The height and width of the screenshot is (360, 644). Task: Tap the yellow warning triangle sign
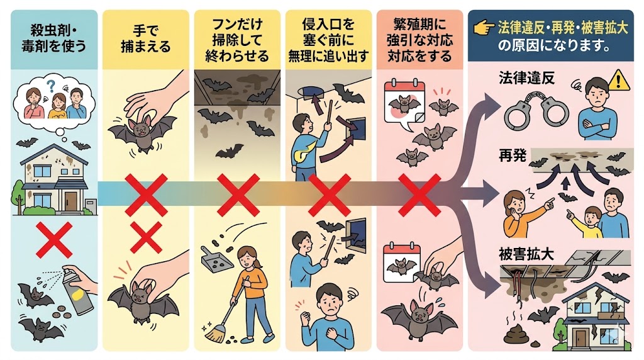[619, 80]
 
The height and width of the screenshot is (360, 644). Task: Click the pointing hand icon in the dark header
[484, 28]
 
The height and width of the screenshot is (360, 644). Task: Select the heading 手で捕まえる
[145, 38]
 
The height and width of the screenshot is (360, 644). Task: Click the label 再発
[512, 155]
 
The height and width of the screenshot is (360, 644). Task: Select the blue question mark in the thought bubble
[51, 86]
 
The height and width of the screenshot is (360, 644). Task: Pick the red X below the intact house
[54, 240]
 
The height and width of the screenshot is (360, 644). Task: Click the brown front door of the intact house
[70, 201]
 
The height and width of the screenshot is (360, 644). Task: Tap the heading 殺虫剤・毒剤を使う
[54, 38]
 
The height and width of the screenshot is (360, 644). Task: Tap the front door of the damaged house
[581, 337]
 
